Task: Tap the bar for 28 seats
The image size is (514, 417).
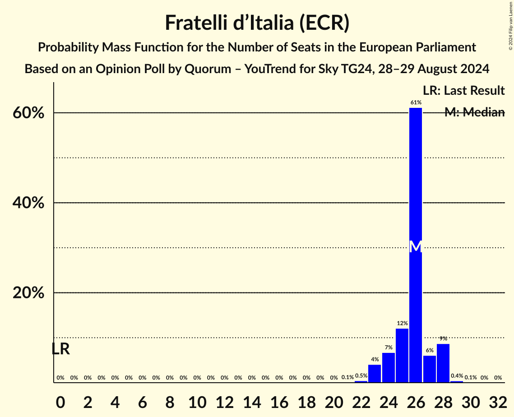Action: (x=443, y=363)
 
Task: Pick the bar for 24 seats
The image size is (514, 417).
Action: (x=389, y=367)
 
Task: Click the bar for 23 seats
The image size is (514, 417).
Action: (x=375, y=374)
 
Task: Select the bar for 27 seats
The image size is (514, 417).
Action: (x=430, y=369)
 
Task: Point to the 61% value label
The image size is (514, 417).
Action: (x=416, y=102)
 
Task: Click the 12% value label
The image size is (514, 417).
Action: (x=402, y=323)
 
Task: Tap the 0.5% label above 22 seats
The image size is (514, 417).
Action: (x=361, y=375)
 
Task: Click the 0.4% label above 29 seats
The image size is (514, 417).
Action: (x=457, y=375)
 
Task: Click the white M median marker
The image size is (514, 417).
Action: (x=416, y=246)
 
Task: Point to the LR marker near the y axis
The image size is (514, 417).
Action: (x=60, y=349)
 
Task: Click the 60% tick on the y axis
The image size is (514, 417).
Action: (x=28, y=113)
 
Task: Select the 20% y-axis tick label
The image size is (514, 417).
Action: (x=28, y=293)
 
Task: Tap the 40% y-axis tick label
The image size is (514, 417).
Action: (x=28, y=203)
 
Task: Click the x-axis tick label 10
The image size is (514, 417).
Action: (x=197, y=400)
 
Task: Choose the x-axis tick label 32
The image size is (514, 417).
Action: (x=498, y=400)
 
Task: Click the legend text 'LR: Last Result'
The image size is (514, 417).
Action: (x=463, y=91)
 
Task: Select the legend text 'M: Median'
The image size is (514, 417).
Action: (x=474, y=112)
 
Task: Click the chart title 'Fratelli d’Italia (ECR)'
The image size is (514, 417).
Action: (x=257, y=23)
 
